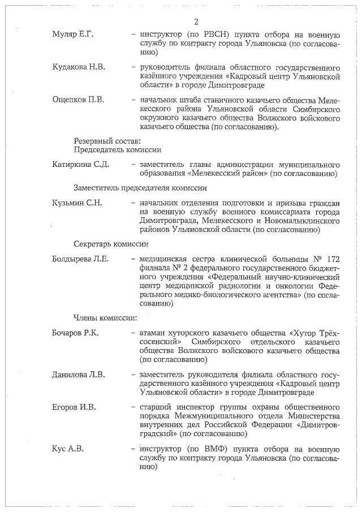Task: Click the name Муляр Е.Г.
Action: pos(72,35)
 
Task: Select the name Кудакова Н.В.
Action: pos(78,67)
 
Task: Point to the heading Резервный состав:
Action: pos(107,140)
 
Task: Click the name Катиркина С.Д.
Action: pos(80,165)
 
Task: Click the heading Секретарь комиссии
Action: pos(111,244)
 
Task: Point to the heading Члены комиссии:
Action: pos(106,317)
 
